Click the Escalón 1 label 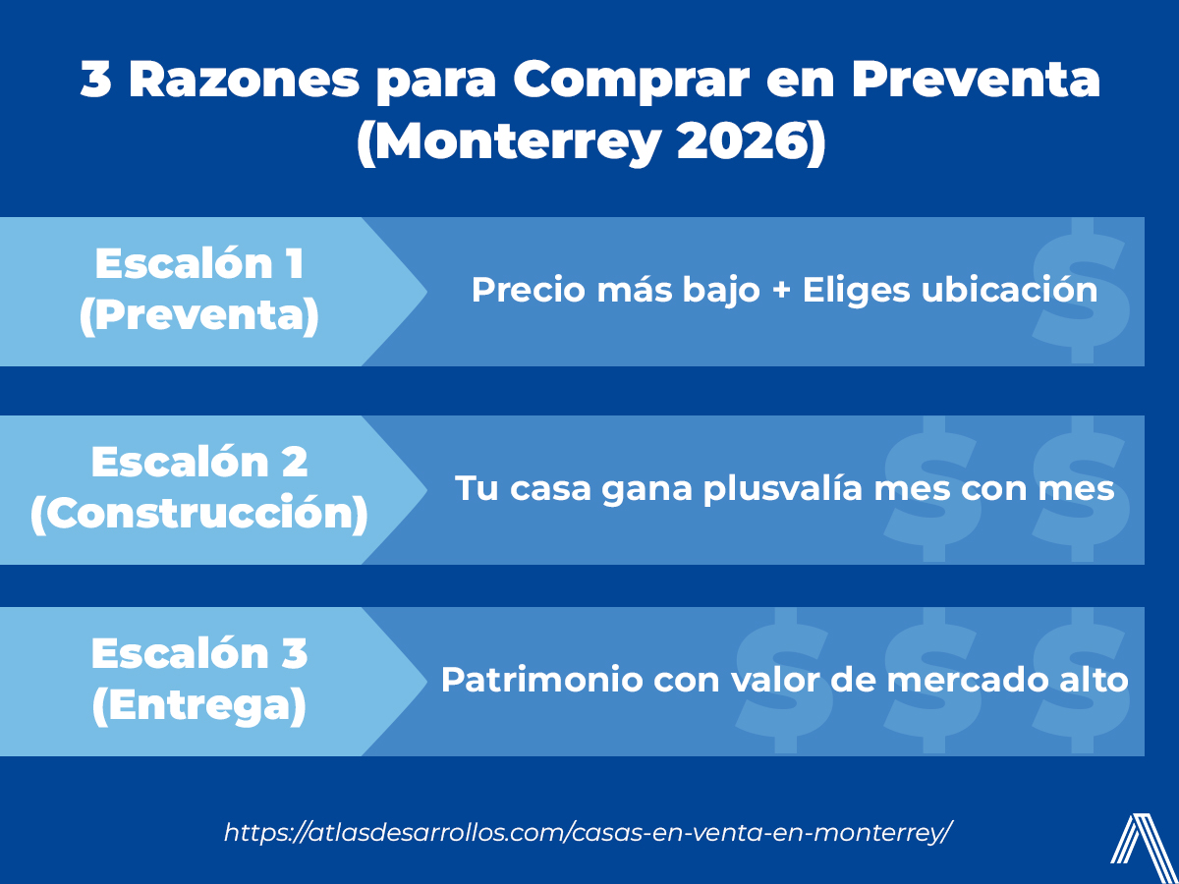pos(199,264)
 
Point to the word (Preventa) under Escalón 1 pos(199,315)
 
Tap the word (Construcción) pos(199,514)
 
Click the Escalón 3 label pos(199,653)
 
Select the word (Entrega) pos(199,705)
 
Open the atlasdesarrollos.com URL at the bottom pos(589,832)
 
